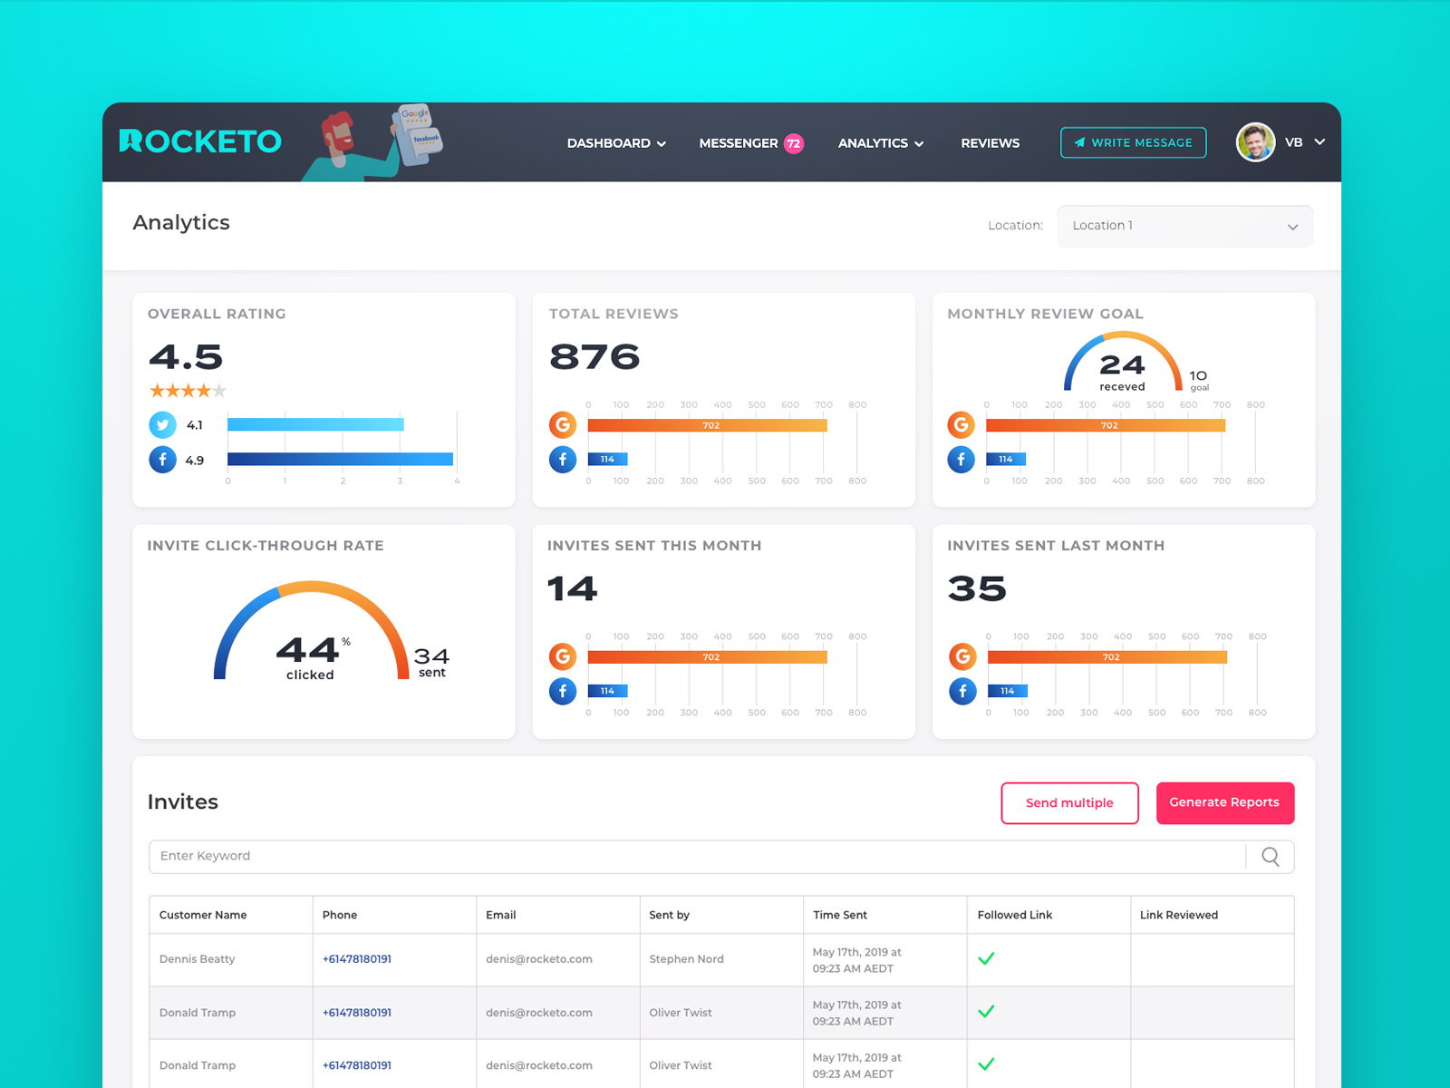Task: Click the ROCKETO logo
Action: coord(200,141)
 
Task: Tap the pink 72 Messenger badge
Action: coord(794,143)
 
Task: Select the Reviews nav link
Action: coord(990,143)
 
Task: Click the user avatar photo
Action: coord(1255,142)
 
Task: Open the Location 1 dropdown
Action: coord(1184,226)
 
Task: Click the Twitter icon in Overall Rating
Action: coord(162,424)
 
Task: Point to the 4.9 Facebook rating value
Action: coord(195,461)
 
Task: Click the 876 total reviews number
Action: coord(594,357)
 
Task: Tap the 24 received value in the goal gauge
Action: coord(1122,365)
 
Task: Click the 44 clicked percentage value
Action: coord(308,650)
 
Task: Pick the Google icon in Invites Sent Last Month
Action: coord(962,656)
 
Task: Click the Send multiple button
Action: coord(1069,802)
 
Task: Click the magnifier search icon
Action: coord(1271,857)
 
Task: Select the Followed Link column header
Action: coord(1014,915)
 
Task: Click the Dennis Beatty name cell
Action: coord(197,959)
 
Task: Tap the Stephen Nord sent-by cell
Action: coord(686,959)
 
